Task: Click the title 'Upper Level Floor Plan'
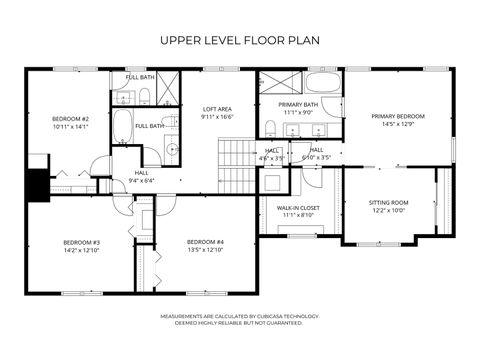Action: click(240, 41)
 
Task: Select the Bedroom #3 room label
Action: click(81, 242)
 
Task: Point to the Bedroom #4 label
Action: click(205, 242)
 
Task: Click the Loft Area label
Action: click(217, 109)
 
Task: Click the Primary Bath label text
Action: click(298, 105)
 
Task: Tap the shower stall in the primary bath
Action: click(278, 82)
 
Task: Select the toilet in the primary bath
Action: click(270, 128)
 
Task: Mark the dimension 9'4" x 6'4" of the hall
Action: click(141, 181)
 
